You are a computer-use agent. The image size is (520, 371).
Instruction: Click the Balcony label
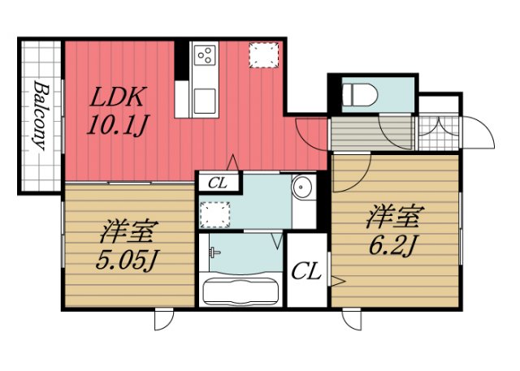(x=40, y=116)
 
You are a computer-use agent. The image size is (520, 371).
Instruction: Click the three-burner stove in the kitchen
(x=206, y=56)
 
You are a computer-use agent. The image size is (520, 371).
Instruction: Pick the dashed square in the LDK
(x=263, y=54)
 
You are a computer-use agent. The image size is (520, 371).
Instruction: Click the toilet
(x=357, y=94)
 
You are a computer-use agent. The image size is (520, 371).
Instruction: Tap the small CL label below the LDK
(x=217, y=183)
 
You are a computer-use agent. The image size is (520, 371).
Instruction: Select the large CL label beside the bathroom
(x=305, y=271)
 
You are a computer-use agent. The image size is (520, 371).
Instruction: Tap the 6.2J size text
(x=395, y=243)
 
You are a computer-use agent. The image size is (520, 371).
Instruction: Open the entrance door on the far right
(x=480, y=135)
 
